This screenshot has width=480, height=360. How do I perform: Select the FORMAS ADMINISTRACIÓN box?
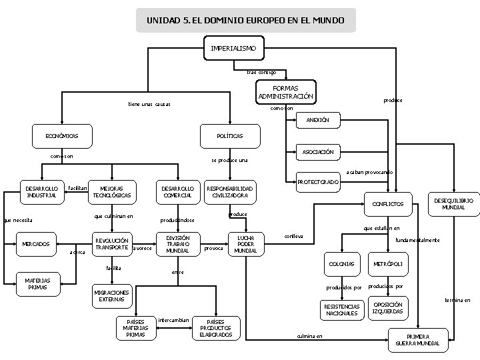(285, 92)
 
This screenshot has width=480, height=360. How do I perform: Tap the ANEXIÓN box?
(317, 120)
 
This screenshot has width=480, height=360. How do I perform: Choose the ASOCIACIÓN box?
(317, 152)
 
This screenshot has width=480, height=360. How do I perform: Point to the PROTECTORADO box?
(317, 181)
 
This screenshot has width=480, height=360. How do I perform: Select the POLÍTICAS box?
(229, 136)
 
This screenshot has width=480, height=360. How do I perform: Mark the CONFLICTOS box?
(387, 203)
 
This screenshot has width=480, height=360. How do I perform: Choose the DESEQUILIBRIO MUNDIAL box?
(454, 203)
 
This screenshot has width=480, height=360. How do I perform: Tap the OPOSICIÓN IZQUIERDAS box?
(387, 308)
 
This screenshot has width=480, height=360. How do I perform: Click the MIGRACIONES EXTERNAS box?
(111, 296)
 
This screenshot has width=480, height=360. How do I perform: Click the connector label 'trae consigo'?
(261, 72)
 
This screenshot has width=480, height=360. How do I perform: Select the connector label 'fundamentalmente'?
(417, 240)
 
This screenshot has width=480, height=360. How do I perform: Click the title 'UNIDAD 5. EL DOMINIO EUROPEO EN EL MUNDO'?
(245, 21)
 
